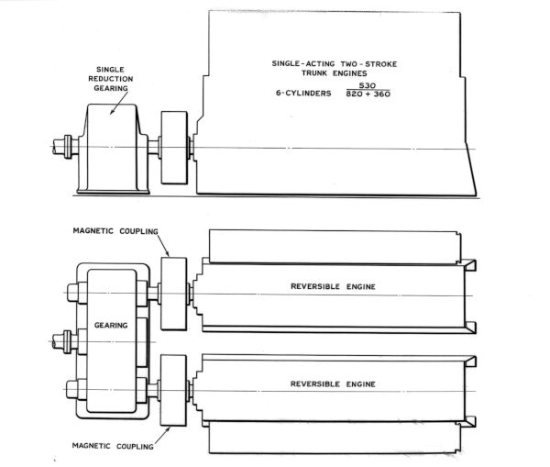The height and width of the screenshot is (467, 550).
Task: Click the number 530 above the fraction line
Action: pos(368,85)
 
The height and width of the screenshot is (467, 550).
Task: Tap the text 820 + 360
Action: pos(368,94)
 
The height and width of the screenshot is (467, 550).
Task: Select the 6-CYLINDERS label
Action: pos(303,93)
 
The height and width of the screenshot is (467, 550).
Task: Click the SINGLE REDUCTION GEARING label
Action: pos(111,79)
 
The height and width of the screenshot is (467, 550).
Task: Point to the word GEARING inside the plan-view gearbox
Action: pos(111,326)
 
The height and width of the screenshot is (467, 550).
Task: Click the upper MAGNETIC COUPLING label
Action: pos(115,231)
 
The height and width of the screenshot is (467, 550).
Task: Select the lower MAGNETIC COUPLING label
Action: pos(113,446)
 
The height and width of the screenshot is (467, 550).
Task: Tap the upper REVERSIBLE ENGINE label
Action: pos(333,286)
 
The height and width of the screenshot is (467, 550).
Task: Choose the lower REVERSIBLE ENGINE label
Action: pos(333,384)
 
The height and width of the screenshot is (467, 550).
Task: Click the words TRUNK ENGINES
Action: pos(335,73)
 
